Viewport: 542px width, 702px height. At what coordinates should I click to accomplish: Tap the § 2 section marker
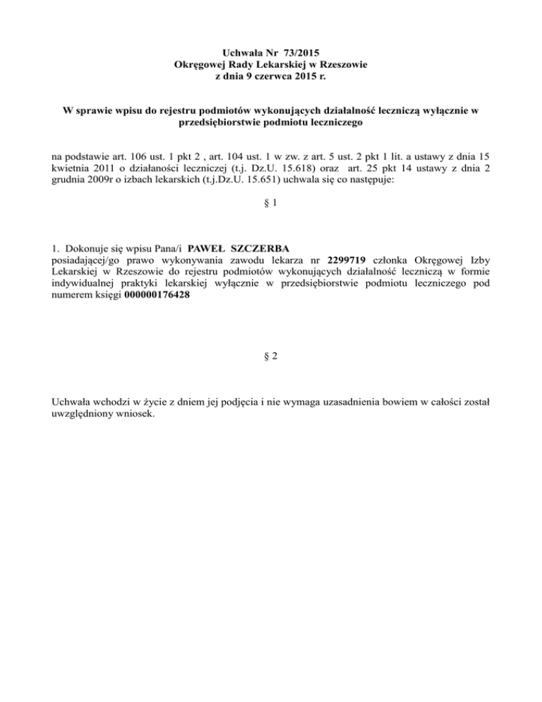(270, 357)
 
